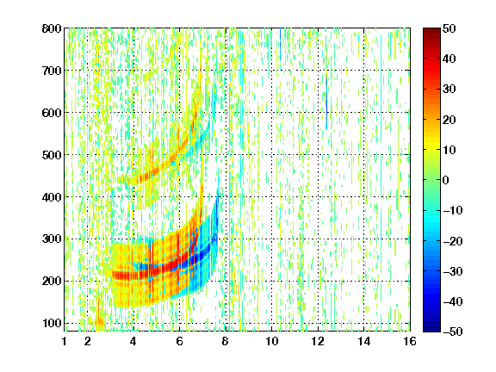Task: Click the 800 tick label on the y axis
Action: tap(52, 28)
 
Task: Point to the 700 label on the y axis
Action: tap(52, 71)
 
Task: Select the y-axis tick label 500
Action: tap(52, 155)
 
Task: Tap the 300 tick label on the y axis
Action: tap(52, 239)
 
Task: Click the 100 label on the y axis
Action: tap(52, 323)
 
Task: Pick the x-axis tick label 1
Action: tap(65, 341)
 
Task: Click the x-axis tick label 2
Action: tap(88, 341)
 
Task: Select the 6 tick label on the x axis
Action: tap(179, 341)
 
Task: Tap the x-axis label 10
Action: tap(272, 341)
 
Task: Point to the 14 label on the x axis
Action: tap(364, 341)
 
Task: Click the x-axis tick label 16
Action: tap(410, 341)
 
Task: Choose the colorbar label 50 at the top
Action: tap(449, 28)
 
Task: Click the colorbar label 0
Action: tap(445, 180)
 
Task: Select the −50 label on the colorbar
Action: tap(453, 332)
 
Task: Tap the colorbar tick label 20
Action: tap(449, 120)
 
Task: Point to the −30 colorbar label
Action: tap(453, 271)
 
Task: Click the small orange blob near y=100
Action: tap(99, 322)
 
